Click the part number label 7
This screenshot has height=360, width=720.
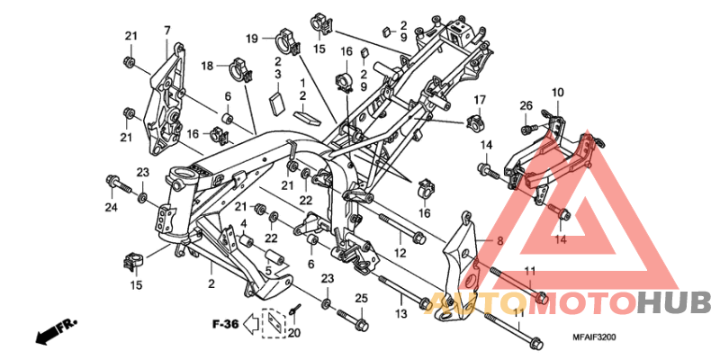coord(166,31)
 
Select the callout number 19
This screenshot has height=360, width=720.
coord(253,38)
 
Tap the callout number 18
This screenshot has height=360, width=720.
coord(207,66)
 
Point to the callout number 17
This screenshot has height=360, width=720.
coord(480,99)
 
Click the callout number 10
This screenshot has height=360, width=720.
coord(557,93)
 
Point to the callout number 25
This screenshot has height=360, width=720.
coord(360,298)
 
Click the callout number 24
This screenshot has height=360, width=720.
coord(111,208)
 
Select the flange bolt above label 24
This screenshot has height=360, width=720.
coord(114,184)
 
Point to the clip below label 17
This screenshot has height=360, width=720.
coord(476,121)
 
